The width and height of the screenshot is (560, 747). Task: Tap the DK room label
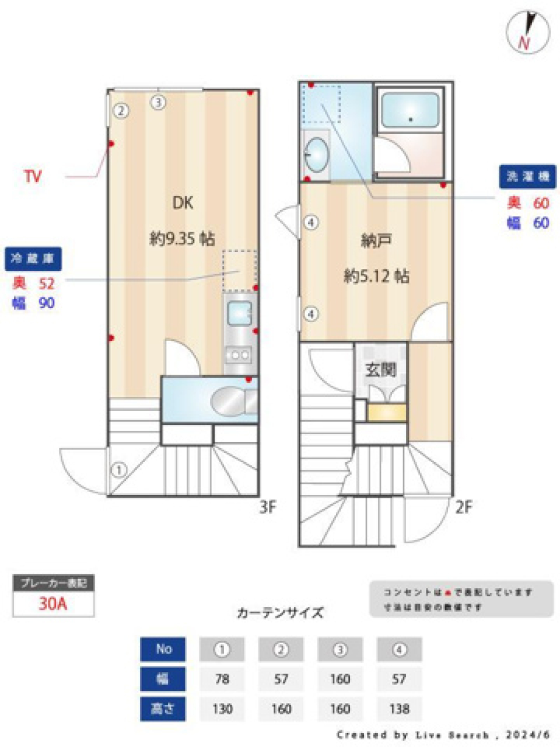pyautogui.click(x=182, y=203)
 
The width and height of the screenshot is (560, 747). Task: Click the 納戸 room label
pyautogui.click(x=376, y=240)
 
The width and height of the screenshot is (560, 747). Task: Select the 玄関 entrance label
pyautogui.click(x=381, y=369)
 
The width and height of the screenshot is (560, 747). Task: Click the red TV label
pyautogui.click(x=33, y=176)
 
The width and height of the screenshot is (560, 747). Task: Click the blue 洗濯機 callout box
pyautogui.click(x=527, y=177)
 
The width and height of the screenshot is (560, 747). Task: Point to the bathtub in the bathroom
pyautogui.click(x=409, y=111)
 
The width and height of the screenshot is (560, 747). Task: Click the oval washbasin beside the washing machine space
pyautogui.click(x=317, y=155)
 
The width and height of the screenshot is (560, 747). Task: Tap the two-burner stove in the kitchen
pyautogui.click(x=239, y=354)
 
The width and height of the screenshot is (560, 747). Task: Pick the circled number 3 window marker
pyautogui.click(x=159, y=103)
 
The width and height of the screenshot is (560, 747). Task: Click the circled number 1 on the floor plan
pyautogui.click(x=119, y=469)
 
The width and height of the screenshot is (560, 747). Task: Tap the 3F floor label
pyautogui.click(x=268, y=508)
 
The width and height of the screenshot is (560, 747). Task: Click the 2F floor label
pyautogui.click(x=463, y=508)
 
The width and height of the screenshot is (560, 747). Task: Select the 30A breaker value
pyautogui.click(x=53, y=603)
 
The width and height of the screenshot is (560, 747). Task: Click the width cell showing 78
pyautogui.click(x=222, y=679)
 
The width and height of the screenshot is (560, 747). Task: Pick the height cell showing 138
pyautogui.click(x=399, y=709)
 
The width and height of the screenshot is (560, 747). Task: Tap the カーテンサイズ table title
pyautogui.click(x=280, y=613)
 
